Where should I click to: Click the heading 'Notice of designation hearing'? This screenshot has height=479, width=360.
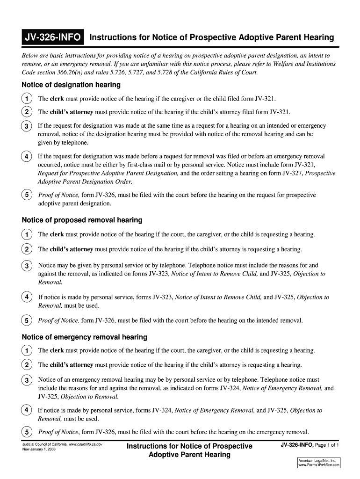click(x=71, y=85)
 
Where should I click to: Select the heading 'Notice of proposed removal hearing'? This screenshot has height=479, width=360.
click(x=82, y=220)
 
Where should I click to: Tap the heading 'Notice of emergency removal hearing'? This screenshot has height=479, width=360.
click(x=84, y=337)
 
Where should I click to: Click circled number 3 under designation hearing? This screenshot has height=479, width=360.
click(x=27, y=127)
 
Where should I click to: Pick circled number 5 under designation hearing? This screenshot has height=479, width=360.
click(x=27, y=195)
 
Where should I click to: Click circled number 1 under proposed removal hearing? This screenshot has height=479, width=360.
click(x=27, y=234)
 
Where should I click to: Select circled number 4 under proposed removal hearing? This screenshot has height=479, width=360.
click(x=27, y=298)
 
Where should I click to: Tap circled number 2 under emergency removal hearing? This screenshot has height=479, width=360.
click(x=27, y=365)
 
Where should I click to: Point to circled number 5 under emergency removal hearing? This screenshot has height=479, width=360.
click(x=27, y=432)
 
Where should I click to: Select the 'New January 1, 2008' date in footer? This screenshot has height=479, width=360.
click(x=39, y=450)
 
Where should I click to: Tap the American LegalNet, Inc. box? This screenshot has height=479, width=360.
click(x=318, y=463)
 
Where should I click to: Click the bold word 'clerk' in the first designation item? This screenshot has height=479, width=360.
click(x=57, y=99)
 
